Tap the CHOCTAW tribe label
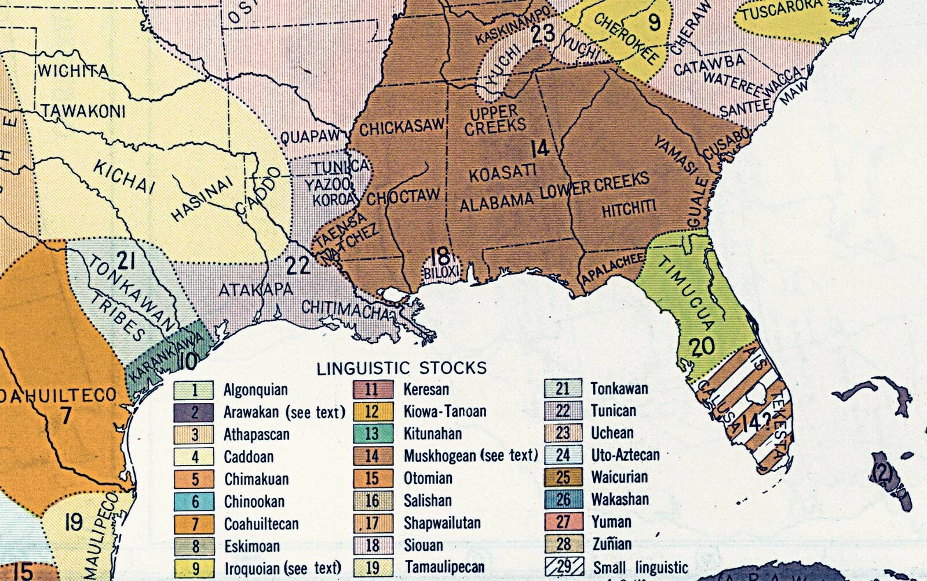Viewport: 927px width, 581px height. point(403,196)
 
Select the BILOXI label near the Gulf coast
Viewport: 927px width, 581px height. point(441,271)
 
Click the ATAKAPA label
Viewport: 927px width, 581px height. point(256,289)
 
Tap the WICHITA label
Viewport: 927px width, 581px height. point(73,71)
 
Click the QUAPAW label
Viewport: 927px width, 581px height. point(310,137)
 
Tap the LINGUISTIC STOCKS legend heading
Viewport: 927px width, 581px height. point(402,368)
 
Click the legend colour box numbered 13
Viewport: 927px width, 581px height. point(371,434)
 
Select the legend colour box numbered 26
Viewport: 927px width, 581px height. point(563,499)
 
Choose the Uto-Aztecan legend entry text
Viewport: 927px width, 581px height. point(625,455)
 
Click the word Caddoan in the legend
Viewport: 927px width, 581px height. point(249,457)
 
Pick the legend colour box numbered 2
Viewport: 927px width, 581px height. point(195,412)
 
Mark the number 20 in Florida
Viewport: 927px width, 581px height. point(702,347)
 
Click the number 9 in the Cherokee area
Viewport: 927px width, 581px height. point(654,22)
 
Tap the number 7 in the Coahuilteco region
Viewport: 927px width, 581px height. point(65,415)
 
